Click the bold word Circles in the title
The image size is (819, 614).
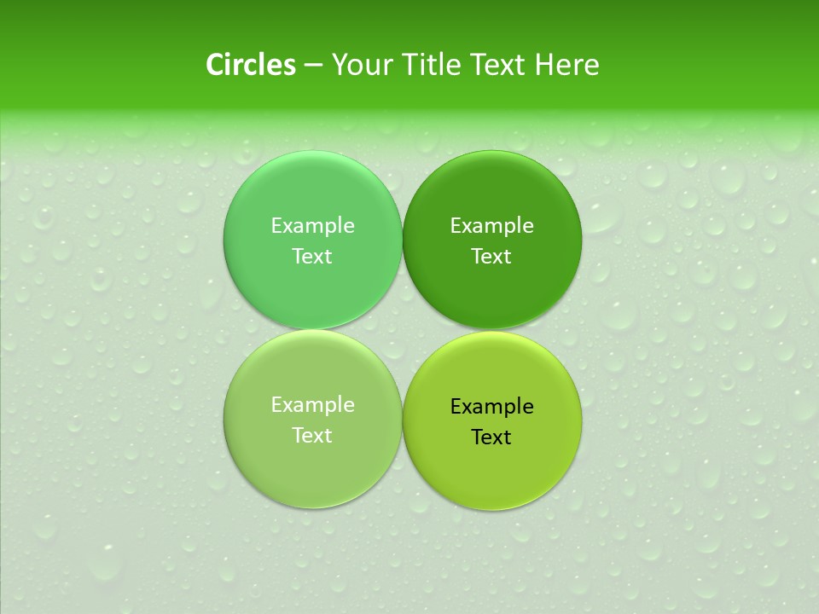[251, 65]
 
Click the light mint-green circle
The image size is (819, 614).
[312, 188]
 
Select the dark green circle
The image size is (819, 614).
[492, 188]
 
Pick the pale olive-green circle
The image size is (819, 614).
[312, 469]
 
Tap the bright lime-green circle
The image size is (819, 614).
[492, 469]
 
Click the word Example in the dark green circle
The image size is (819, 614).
[492, 226]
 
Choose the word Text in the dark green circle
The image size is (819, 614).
[492, 257]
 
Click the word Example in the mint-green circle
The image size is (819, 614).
[312, 226]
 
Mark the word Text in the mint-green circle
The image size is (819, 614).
[312, 257]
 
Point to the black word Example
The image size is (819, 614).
[492, 407]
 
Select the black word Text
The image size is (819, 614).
[492, 437]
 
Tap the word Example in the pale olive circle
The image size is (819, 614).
[312, 405]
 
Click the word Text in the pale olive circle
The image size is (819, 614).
[312, 436]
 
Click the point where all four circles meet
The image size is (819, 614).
[403, 329]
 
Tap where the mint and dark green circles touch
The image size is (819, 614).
[403, 240]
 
